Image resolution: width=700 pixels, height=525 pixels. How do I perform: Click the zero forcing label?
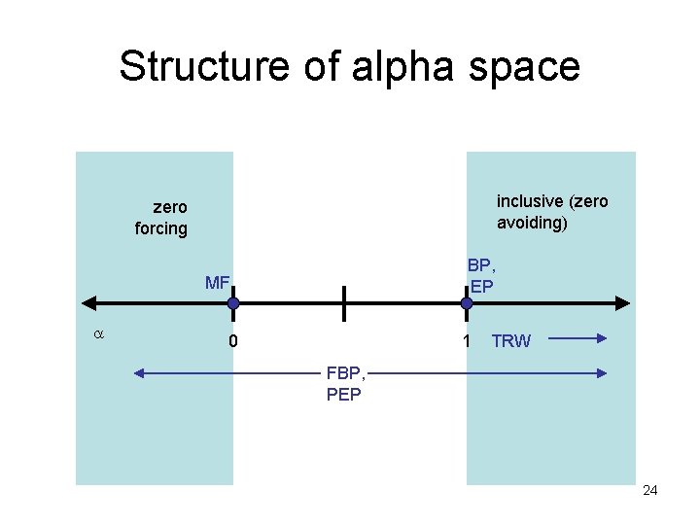click(x=161, y=218)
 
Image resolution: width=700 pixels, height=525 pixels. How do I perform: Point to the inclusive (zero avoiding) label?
click(x=551, y=212)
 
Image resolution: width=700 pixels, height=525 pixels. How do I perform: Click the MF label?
click(x=217, y=283)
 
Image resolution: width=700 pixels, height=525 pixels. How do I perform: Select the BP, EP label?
click(x=481, y=275)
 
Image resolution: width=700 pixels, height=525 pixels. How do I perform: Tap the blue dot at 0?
click(x=233, y=303)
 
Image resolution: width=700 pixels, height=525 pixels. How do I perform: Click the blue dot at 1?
click(x=467, y=303)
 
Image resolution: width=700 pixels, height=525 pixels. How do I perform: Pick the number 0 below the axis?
click(x=233, y=341)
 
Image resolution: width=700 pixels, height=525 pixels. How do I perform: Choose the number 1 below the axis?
click(x=467, y=341)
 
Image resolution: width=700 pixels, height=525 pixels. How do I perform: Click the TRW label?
click(x=511, y=341)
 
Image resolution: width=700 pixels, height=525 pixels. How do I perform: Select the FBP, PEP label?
click(x=346, y=384)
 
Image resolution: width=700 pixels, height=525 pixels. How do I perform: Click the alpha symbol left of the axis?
click(x=97, y=333)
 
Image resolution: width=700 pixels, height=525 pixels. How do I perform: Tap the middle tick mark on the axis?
click(x=343, y=303)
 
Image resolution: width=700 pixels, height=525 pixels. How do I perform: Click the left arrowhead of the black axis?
click(x=86, y=303)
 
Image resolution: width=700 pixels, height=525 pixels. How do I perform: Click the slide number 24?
click(x=650, y=490)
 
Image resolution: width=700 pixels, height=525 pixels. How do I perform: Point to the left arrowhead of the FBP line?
click(x=139, y=372)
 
